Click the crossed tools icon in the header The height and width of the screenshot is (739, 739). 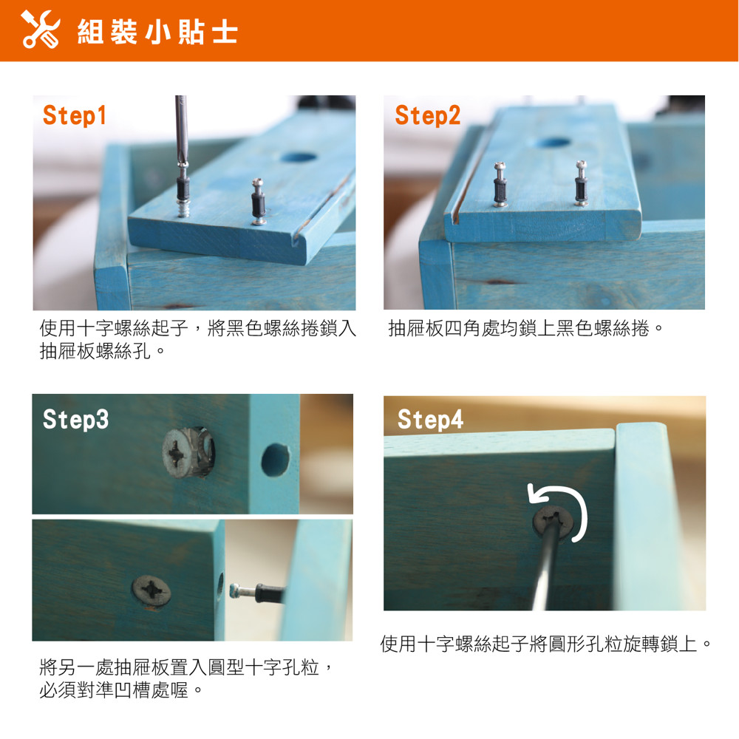[41, 30]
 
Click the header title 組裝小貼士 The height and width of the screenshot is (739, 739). [157, 32]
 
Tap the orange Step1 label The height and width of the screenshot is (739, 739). [75, 115]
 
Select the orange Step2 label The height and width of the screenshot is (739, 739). [427, 115]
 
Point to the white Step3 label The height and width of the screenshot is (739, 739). [75, 419]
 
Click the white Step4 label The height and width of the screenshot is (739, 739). [430, 419]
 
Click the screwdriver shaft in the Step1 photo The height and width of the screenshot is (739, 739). [181, 129]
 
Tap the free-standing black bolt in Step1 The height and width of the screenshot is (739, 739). [258, 201]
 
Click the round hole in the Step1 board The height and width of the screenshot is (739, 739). [299, 157]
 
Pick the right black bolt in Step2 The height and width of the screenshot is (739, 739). [581, 183]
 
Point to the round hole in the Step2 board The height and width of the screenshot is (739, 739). [554, 142]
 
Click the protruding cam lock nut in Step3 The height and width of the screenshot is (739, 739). [188, 452]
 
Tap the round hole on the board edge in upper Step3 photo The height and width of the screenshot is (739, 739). [275, 460]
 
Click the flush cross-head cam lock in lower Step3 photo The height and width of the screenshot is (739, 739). [151, 591]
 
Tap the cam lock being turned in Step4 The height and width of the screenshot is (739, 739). [553, 522]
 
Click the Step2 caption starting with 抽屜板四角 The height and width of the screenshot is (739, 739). [526, 329]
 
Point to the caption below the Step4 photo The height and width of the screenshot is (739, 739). [545, 644]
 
